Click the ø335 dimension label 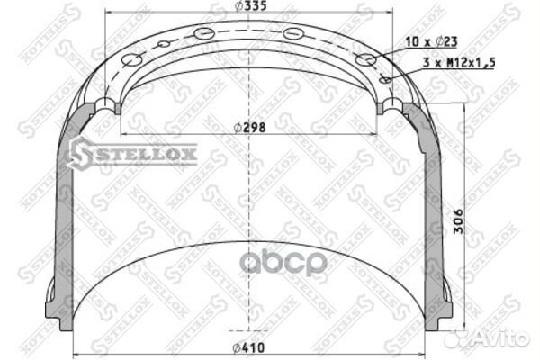(250, 6)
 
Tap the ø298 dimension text (249, 128)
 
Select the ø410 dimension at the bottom (248, 348)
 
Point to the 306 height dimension (458, 221)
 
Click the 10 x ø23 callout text (431, 42)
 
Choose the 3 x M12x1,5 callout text (459, 63)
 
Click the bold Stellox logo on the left (132, 154)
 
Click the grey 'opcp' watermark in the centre (283, 263)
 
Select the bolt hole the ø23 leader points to (365, 59)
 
